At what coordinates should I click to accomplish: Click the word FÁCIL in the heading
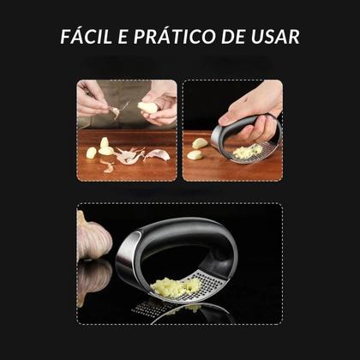click(85, 38)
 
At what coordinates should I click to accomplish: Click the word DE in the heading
click(231, 38)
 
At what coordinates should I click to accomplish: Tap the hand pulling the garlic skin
click(93, 101)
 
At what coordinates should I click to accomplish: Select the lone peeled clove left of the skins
click(91, 153)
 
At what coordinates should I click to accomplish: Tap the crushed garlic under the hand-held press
click(249, 152)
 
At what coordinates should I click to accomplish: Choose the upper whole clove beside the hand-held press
click(199, 143)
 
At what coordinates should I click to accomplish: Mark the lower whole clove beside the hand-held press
click(195, 156)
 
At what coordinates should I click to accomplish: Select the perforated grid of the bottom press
click(210, 286)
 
